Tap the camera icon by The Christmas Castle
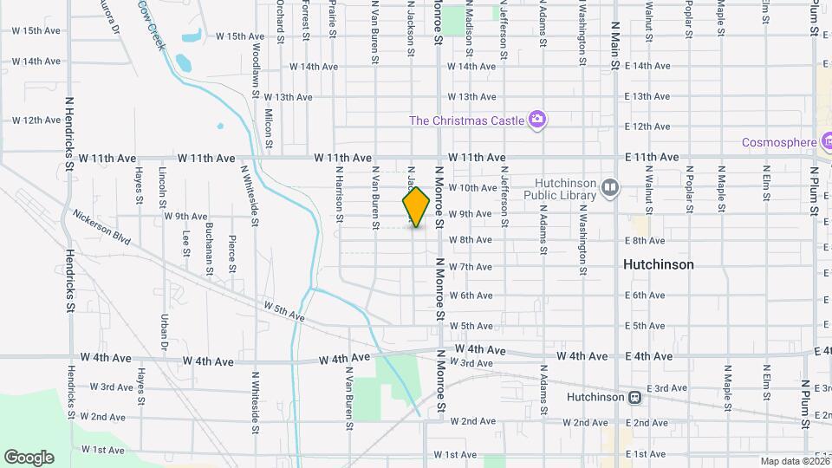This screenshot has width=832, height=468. (537, 119)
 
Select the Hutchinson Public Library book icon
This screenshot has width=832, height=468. (610, 188)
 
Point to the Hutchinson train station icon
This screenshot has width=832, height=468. (635, 397)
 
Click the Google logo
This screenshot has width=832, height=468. (29, 458)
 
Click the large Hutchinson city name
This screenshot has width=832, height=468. (659, 264)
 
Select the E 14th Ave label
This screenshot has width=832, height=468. (647, 66)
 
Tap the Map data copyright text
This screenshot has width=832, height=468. (794, 461)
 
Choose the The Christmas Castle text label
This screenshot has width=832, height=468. (466, 120)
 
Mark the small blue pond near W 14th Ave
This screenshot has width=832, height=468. (183, 62)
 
